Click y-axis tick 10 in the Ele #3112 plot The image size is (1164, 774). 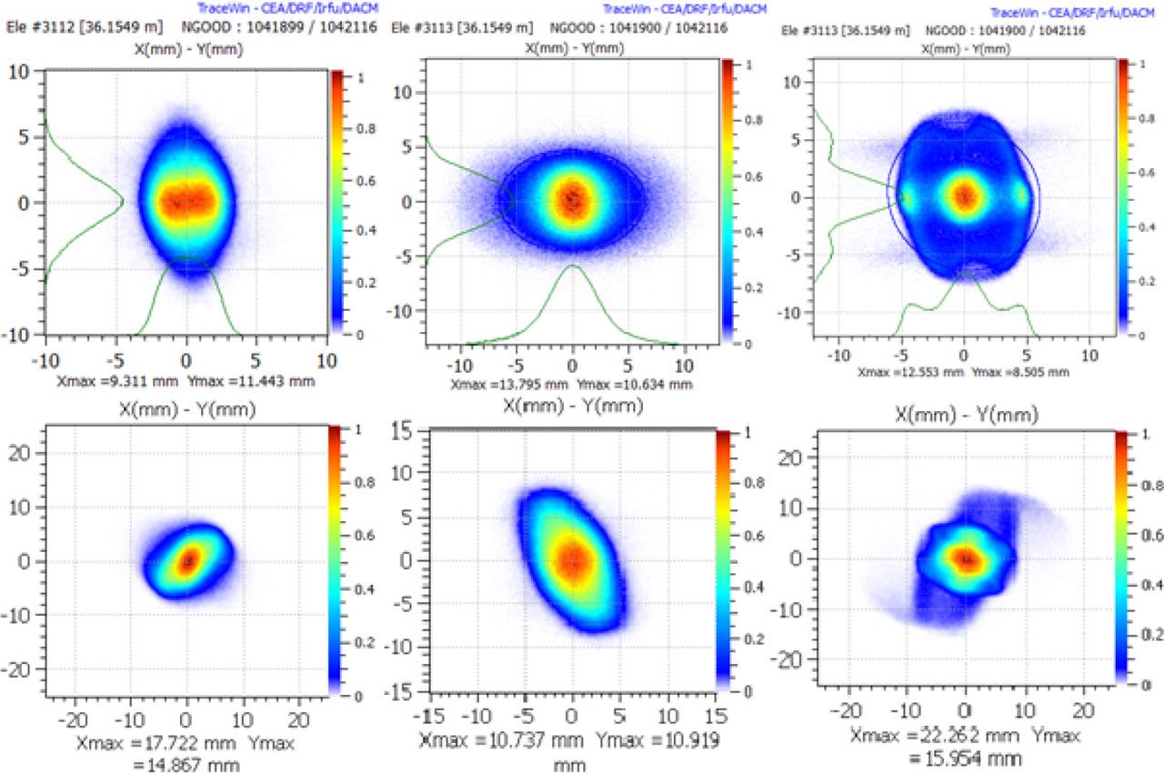pos(21,70)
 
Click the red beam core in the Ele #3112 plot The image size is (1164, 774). pos(186,199)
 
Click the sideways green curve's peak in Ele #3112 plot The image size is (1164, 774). pos(123,201)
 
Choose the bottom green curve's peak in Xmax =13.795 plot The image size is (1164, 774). pos(572,266)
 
